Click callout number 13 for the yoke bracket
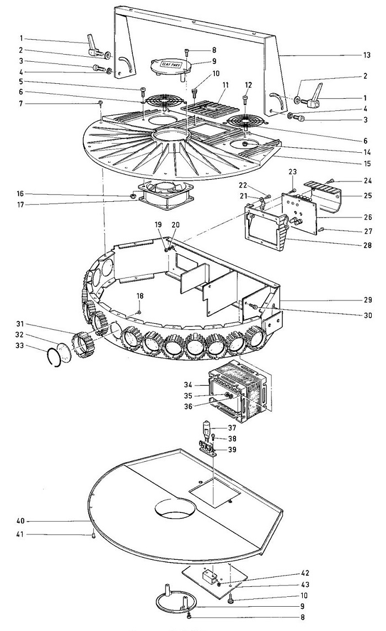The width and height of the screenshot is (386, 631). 366,55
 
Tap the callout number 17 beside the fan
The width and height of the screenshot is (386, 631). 20,205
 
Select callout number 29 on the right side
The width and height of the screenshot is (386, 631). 368,300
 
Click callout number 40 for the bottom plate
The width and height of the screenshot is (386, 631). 20,521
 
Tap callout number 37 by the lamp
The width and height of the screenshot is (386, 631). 232,428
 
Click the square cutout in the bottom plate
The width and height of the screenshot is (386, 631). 215,491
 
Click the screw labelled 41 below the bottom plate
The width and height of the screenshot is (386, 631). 93,535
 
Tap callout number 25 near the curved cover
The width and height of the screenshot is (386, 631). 368,196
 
